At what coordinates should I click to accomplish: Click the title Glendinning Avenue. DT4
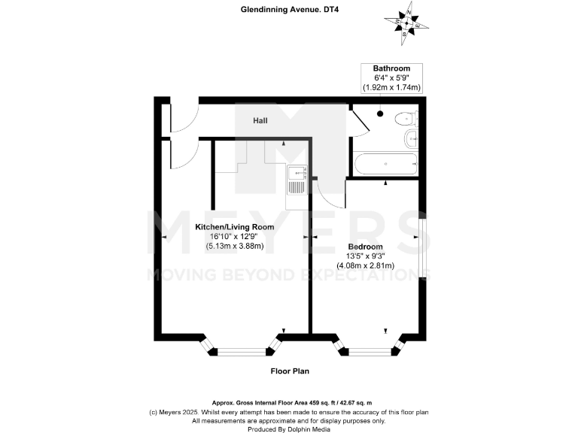(x=290, y=11)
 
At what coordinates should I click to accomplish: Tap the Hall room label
(x=260, y=120)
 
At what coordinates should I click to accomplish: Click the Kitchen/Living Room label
(x=234, y=226)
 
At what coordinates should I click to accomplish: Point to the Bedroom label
(x=365, y=247)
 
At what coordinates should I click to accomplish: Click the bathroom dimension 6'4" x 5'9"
(x=391, y=78)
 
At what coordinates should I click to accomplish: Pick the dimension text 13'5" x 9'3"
(x=365, y=256)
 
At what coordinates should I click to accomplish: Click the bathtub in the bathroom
(x=384, y=163)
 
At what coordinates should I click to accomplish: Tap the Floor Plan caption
(x=290, y=371)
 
